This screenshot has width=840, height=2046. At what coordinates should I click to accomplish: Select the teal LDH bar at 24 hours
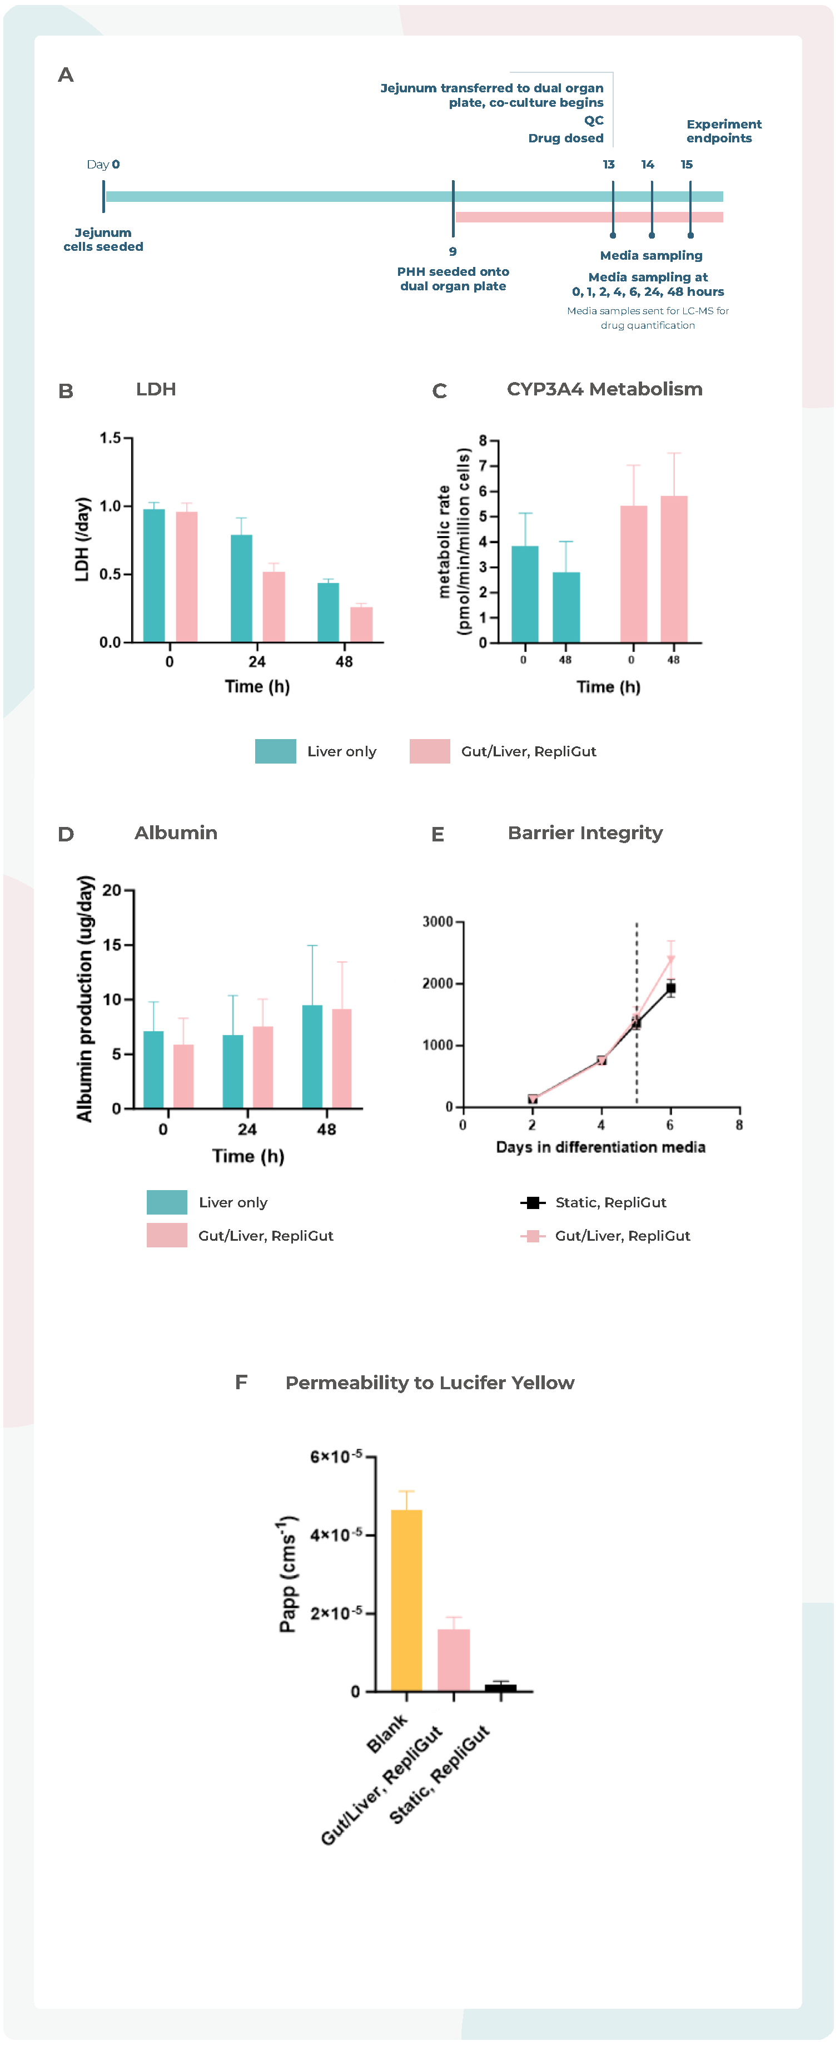[x=241, y=588]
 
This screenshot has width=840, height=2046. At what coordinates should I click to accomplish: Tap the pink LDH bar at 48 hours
[x=361, y=625]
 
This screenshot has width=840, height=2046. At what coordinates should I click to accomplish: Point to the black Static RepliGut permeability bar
[x=500, y=1687]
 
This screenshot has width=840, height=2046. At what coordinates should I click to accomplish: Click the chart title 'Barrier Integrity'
[x=585, y=833]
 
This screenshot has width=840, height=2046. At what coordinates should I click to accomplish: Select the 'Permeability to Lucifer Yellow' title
[x=430, y=1382]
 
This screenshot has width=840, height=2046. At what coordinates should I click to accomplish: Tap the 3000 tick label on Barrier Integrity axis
[x=438, y=922]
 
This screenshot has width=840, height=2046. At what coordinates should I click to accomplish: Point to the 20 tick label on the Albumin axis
[x=112, y=890]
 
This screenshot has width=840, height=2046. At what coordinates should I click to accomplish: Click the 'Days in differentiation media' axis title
[x=600, y=1147]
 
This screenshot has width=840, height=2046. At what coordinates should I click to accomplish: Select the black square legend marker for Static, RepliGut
[x=533, y=1202]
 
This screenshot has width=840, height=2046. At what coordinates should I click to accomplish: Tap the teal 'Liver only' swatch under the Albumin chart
[x=167, y=1202]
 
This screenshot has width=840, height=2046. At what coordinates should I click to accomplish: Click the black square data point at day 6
[x=671, y=989]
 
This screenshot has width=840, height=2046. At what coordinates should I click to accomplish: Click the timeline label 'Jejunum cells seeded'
[x=103, y=239]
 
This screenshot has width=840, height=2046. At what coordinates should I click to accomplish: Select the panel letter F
[x=241, y=1382]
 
